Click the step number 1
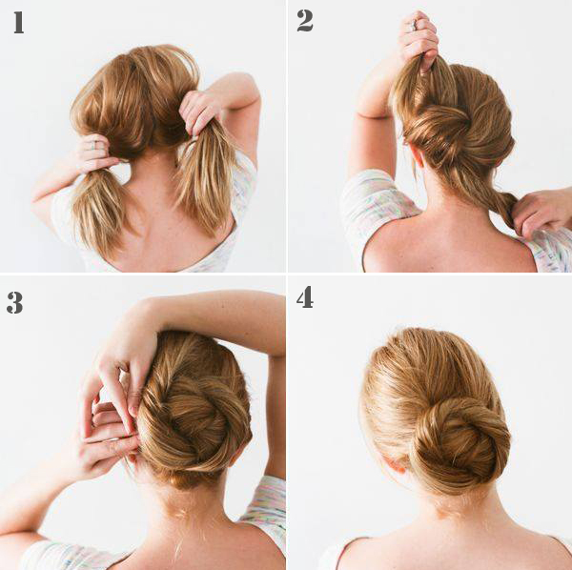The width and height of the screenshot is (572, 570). (19, 23)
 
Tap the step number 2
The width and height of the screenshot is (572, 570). (305, 21)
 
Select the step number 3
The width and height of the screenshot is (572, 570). (14, 302)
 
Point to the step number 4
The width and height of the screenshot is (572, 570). (305, 297)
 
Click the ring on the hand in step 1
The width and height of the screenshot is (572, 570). (93, 145)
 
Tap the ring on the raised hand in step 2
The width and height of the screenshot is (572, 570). (414, 25)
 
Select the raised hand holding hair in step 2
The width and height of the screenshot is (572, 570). (419, 40)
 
